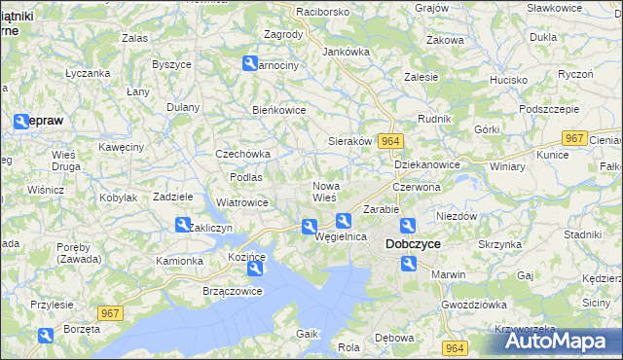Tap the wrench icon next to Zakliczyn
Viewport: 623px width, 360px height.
[183, 225]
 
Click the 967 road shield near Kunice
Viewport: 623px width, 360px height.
[575, 139]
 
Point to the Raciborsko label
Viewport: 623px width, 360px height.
[297, 12]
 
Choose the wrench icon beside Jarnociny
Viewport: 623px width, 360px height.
[249, 64]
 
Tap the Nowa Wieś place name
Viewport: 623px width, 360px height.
[325, 191]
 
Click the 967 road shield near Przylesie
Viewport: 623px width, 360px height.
[110, 312]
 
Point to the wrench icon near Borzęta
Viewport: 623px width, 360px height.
[46, 336]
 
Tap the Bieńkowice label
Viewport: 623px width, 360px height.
[279, 110]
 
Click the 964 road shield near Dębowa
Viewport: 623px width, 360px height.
[453, 347]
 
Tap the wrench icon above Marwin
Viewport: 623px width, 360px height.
[408, 263]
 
